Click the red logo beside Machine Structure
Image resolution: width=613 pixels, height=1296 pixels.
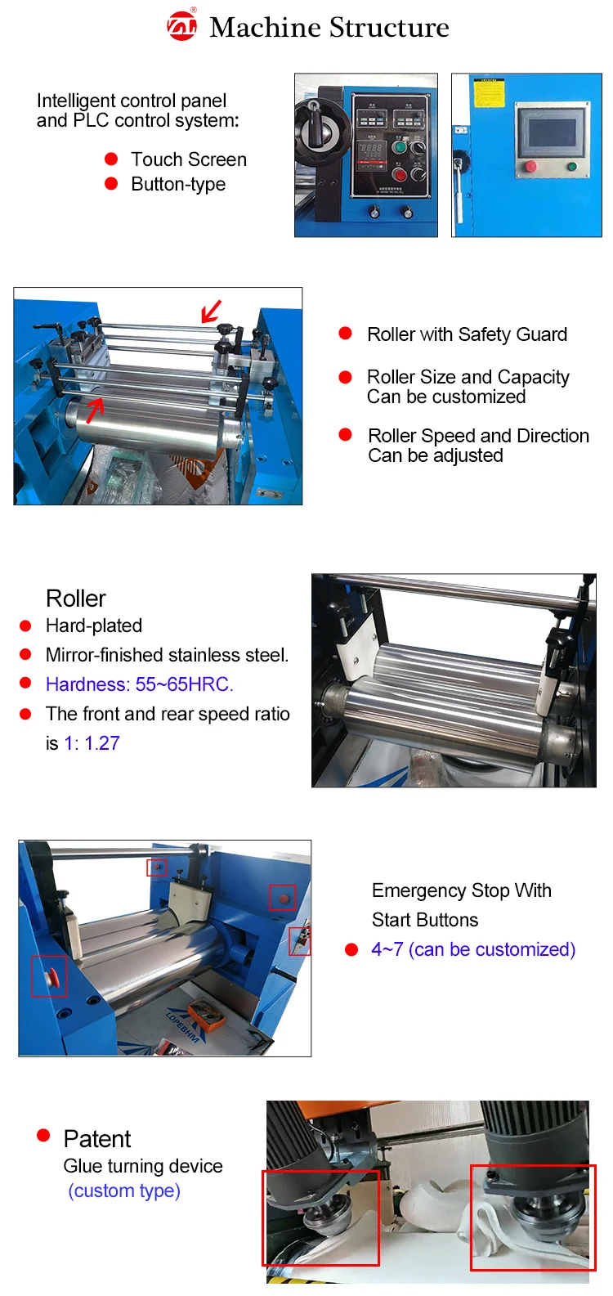click(181, 25)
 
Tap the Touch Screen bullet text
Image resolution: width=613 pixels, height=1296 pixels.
click(188, 159)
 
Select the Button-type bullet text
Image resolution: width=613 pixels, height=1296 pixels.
click(178, 184)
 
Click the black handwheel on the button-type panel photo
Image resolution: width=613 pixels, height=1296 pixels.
click(315, 127)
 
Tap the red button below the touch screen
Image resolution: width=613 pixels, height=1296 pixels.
click(530, 167)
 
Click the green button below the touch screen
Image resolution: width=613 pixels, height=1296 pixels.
click(572, 168)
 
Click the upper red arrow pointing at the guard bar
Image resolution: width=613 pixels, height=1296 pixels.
click(211, 312)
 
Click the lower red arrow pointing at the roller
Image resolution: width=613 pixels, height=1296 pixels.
click(95, 409)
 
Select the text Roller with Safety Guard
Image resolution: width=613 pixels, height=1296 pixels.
click(467, 334)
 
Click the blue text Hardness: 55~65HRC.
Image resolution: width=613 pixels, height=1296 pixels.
click(139, 684)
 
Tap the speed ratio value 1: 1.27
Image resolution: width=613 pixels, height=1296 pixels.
click(92, 743)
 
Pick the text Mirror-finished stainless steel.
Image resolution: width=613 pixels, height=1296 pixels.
click(167, 655)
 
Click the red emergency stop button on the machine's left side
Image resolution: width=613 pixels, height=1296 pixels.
click(51, 976)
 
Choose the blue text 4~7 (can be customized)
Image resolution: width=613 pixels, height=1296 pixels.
click(473, 949)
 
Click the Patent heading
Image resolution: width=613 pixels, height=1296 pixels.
click(96, 1139)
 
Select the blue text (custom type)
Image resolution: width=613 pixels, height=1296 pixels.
click(124, 1191)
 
